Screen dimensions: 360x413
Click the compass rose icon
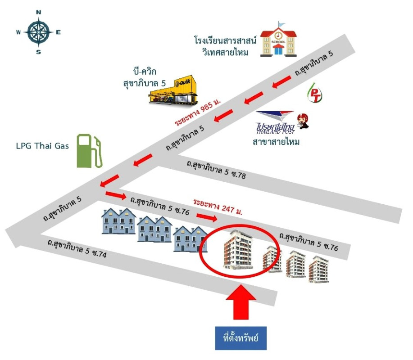tap(38, 32)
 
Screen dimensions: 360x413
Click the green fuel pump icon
tap(89, 150)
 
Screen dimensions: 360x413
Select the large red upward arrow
tap(241, 305)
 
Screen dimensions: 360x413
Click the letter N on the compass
tap(38, 13)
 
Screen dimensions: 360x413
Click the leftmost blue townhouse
tap(118, 221)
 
